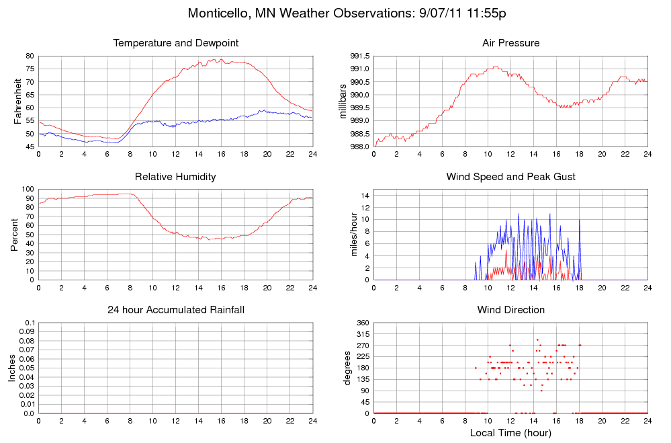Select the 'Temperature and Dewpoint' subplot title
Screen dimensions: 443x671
pos(176,43)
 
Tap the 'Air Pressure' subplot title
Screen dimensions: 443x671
pos(510,43)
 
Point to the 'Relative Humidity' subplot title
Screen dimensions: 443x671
pos(176,177)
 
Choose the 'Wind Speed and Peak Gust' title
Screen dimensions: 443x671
pos(510,177)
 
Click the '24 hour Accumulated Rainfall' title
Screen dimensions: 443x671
pos(176,310)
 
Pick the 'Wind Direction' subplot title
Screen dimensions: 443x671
pos(510,310)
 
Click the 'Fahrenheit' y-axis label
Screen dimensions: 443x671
pos(18,101)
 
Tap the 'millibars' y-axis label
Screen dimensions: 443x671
pos(343,101)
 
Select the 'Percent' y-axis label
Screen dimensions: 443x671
pos(14,235)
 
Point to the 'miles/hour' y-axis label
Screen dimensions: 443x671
pos(354,235)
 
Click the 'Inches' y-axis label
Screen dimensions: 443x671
pos(11,368)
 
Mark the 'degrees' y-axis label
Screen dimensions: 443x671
pos(347,368)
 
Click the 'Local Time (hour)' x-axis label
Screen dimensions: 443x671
pos(510,433)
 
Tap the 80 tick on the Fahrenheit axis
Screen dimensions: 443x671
pos(30,56)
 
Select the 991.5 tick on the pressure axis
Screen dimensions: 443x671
pos(360,56)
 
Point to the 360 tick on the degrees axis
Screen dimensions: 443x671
pos(363,323)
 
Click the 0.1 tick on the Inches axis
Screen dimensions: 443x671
pos(28,323)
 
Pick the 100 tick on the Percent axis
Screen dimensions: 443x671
pos(28,189)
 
